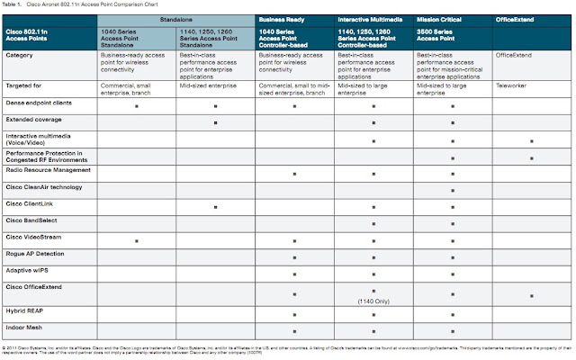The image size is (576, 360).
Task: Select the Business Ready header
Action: (x=280, y=18)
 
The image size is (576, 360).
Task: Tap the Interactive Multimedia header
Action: (x=372, y=18)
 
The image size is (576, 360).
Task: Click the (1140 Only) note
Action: (x=373, y=302)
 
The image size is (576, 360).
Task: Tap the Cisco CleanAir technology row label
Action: (x=44, y=186)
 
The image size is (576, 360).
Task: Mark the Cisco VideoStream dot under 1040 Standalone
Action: (x=136, y=241)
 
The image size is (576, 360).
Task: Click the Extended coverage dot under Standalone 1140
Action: (x=215, y=122)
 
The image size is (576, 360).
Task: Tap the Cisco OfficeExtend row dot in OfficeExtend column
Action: (x=532, y=294)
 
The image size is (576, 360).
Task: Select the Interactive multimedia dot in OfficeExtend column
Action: (x=532, y=141)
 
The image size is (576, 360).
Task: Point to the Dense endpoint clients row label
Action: (x=41, y=103)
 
